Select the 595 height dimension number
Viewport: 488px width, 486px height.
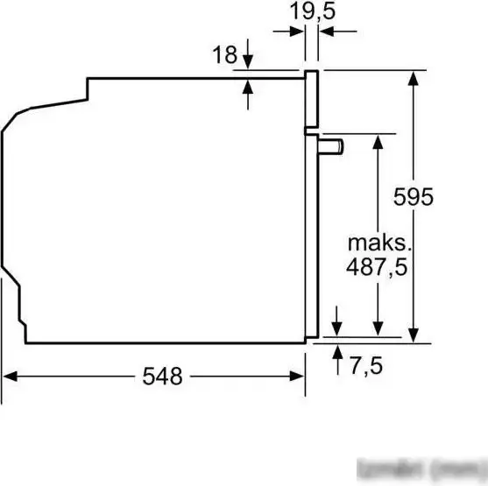pyautogui.click(x=413, y=198)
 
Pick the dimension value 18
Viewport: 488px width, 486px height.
pyautogui.click(x=224, y=55)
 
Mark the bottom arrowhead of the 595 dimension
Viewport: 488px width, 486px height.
pyautogui.click(x=413, y=337)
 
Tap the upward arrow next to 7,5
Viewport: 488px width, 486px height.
pyautogui.click(x=337, y=351)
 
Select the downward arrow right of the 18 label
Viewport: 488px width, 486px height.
pyautogui.click(x=248, y=63)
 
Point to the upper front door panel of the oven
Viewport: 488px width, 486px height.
pyautogui.click(x=310, y=96)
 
